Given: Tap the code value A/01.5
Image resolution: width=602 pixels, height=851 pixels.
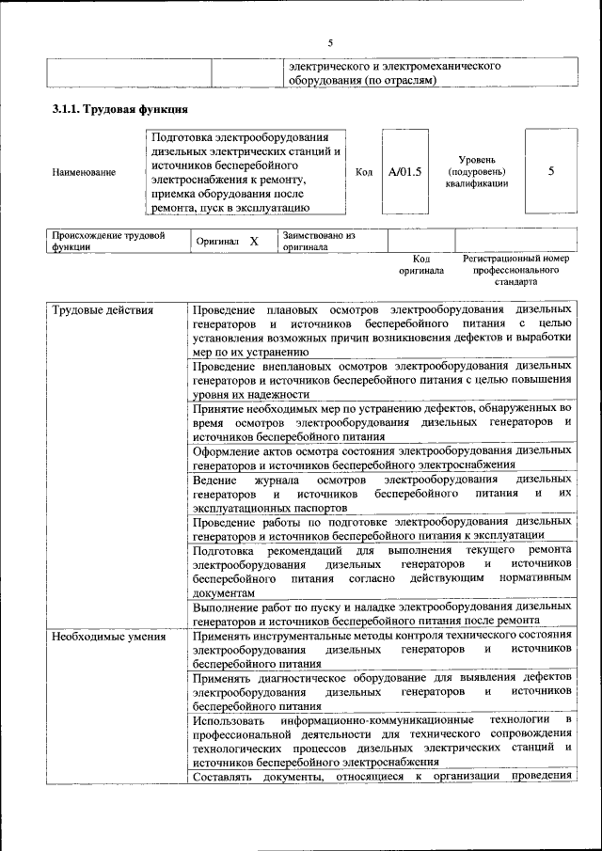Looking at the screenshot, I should [404, 172].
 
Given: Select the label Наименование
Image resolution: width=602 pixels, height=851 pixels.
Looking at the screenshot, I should [85, 172].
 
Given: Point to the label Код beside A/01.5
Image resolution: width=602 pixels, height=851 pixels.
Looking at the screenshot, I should [365, 172].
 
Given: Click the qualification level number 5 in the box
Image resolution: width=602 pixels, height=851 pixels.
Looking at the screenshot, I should [550, 172].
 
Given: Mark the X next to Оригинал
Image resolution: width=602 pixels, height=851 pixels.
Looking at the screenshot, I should [253, 242].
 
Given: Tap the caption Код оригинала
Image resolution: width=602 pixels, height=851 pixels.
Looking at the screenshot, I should [421, 264].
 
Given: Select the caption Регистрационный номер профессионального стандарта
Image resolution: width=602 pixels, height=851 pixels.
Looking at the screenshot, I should [516, 269].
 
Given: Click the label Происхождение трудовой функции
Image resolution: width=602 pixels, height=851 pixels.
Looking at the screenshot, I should [108, 241].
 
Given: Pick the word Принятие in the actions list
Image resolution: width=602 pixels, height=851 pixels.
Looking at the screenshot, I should [222, 409].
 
